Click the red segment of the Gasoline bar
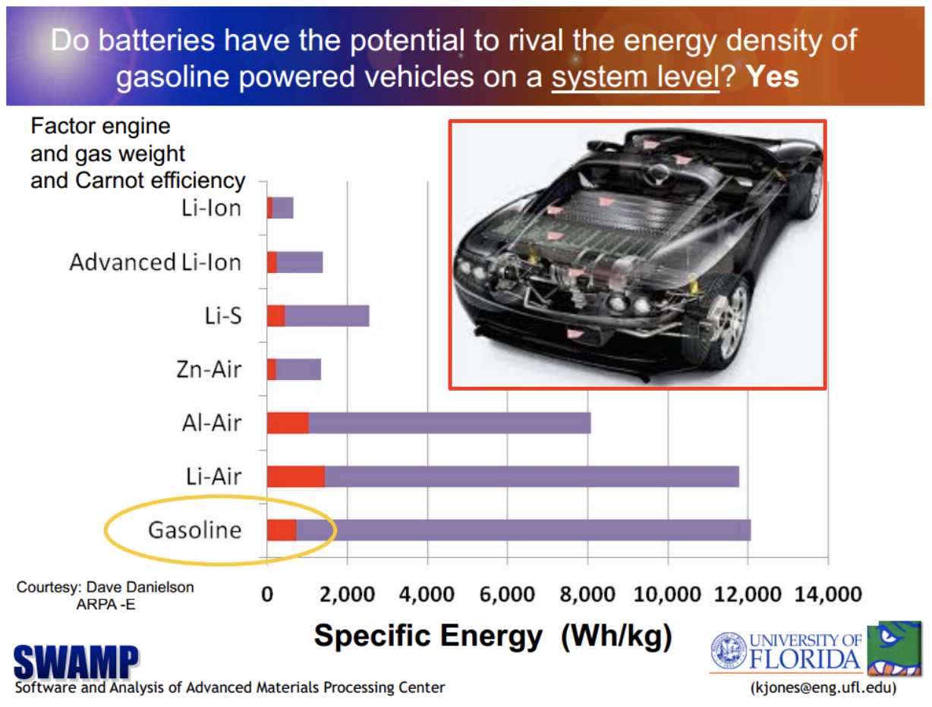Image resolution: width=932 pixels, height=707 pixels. click(x=282, y=530)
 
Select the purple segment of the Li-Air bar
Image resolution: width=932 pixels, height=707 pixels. click(x=531, y=476)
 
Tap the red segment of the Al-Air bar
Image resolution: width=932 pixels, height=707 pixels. click(x=288, y=423)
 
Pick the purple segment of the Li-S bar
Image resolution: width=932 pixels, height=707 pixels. click(x=327, y=316)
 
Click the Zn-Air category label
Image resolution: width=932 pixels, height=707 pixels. click(x=209, y=369)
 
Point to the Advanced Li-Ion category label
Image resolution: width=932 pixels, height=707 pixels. click(x=156, y=262)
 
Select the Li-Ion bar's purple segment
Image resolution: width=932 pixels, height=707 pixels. click(x=282, y=208)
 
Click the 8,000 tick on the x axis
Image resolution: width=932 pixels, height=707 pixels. click(x=587, y=594)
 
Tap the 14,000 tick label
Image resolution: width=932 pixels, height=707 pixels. click(x=828, y=594)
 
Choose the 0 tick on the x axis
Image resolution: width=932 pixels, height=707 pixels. click(x=267, y=594)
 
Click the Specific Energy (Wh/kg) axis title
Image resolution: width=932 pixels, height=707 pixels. click(x=493, y=636)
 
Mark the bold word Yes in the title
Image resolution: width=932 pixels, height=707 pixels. click(x=773, y=77)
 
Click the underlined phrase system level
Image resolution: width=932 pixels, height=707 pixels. click(x=636, y=77)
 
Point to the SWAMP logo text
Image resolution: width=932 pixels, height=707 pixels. click(x=76, y=661)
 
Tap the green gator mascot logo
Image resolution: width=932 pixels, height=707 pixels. click(x=894, y=648)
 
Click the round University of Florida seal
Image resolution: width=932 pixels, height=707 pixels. click(x=729, y=651)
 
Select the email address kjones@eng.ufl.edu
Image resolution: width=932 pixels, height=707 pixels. click(x=823, y=687)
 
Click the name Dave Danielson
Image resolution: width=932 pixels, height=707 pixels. click(x=140, y=587)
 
